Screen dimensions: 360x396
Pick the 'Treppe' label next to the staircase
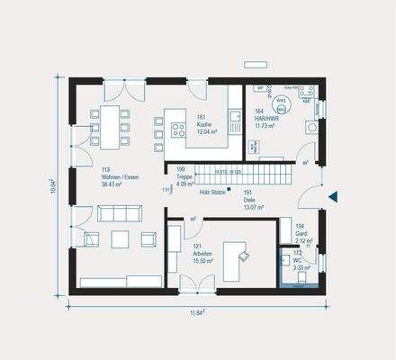185,175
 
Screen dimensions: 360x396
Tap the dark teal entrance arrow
332,196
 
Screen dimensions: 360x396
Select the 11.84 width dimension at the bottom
196,313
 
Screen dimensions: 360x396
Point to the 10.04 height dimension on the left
54,184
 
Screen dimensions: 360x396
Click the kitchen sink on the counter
233,118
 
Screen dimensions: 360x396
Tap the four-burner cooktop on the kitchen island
158,134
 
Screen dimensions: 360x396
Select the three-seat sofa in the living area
119,212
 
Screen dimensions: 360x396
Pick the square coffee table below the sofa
120,238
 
